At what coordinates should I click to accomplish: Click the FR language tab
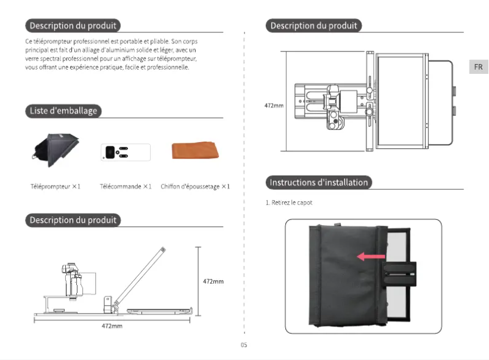[x=479, y=67]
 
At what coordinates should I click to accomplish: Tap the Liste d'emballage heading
[x=63, y=110]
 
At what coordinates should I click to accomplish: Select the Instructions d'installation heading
[x=319, y=182]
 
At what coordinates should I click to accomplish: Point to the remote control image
[x=125, y=151]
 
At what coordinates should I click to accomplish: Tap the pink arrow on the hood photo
[x=371, y=257]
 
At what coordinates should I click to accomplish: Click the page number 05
[x=244, y=345]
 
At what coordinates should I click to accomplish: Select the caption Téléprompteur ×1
[x=55, y=186]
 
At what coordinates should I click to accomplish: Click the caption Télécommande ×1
[x=126, y=186]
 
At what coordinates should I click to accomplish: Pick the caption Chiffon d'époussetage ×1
[x=195, y=186]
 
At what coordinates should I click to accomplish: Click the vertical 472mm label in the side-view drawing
[x=213, y=281]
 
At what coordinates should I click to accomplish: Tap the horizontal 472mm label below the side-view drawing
[x=112, y=326]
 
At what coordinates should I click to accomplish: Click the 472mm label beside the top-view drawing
[x=274, y=106]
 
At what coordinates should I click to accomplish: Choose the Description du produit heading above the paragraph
[x=73, y=26]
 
